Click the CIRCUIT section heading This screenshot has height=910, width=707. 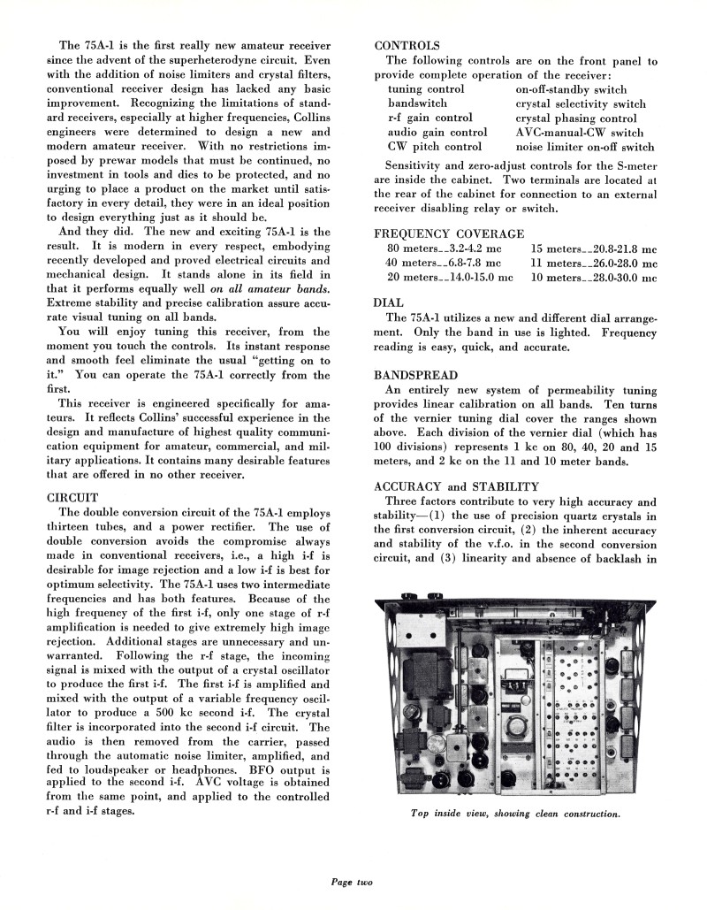coord(74,497)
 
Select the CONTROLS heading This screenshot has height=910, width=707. coord(407,45)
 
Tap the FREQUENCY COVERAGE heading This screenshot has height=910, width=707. coord(449,233)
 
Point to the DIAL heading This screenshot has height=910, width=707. coord(390,302)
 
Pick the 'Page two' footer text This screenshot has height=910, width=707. coord(353,881)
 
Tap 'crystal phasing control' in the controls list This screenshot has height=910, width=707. coord(575,118)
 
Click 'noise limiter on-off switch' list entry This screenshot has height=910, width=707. coord(585,146)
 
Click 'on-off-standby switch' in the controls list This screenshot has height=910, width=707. coord(571,89)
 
